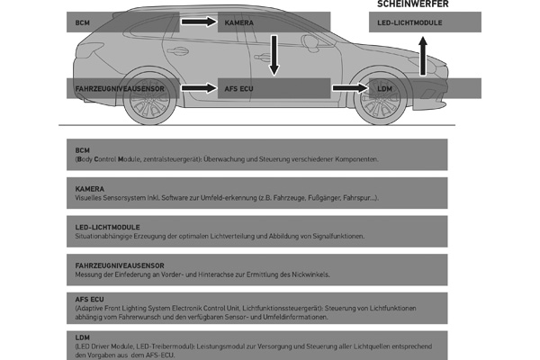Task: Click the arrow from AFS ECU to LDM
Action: (346, 88)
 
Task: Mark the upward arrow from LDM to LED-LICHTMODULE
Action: (423, 54)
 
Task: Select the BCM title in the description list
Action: (83, 150)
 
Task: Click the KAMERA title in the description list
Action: (90, 189)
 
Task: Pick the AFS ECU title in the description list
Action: (91, 298)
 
